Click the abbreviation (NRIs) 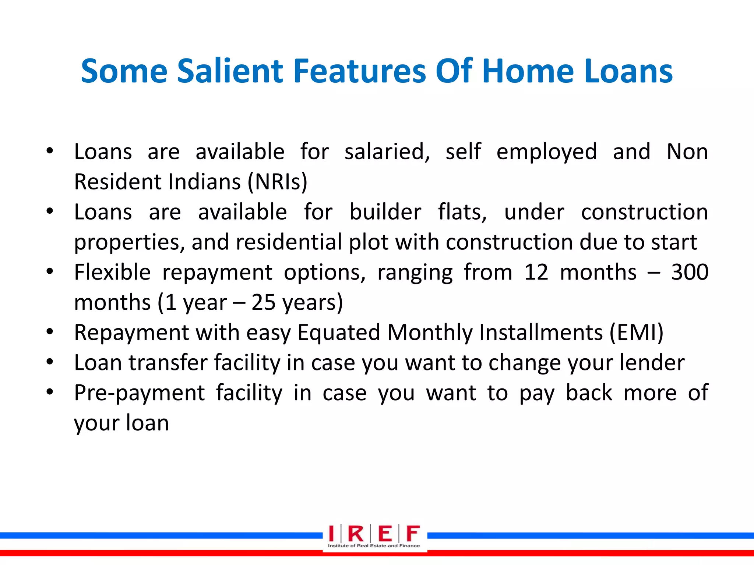[277, 182]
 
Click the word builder [385, 212]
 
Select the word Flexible [112, 272]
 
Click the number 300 [690, 272]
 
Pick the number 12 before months [536, 272]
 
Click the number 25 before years [263, 302]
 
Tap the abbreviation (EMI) [637, 333]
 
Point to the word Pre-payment [139, 393]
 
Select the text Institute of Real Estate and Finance [374, 546]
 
